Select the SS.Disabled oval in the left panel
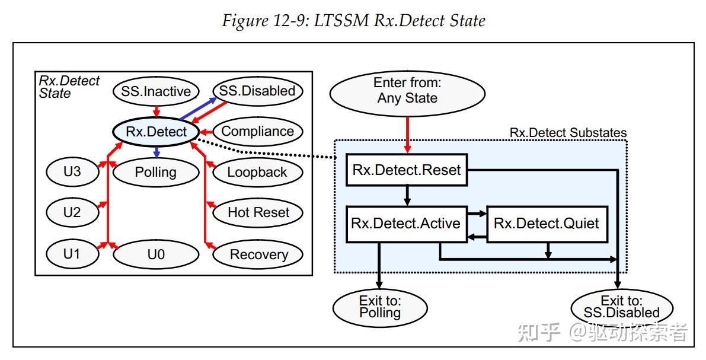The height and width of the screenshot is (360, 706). pyautogui.click(x=257, y=91)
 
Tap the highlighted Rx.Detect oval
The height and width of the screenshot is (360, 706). pyautogui.click(x=156, y=132)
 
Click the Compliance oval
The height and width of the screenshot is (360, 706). pyautogui.click(x=257, y=132)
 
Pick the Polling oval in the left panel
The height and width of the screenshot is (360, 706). pyautogui.click(x=156, y=172)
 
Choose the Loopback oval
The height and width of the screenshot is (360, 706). pyautogui.click(x=257, y=172)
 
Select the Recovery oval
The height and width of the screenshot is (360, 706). pyautogui.click(x=258, y=254)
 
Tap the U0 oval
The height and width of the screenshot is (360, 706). pyautogui.click(x=156, y=254)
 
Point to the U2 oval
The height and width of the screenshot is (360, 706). pyautogui.click(x=72, y=212)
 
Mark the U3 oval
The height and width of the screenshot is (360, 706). pyautogui.click(x=72, y=171)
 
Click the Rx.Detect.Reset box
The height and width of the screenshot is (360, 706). pyautogui.click(x=407, y=170)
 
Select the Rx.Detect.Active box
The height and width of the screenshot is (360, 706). pyautogui.click(x=406, y=224)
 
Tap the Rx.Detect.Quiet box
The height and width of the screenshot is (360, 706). pyautogui.click(x=547, y=224)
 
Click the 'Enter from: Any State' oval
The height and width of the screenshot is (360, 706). pyautogui.click(x=407, y=91)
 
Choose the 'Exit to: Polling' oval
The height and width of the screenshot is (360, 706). pyautogui.click(x=380, y=307)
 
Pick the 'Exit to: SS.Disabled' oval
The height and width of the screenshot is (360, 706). pyautogui.click(x=621, y=307)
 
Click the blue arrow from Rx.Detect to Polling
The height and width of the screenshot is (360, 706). pyautogui.click(x=156, y=152)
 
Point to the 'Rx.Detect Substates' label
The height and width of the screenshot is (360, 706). pyautogui.click(x=568, y=133)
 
